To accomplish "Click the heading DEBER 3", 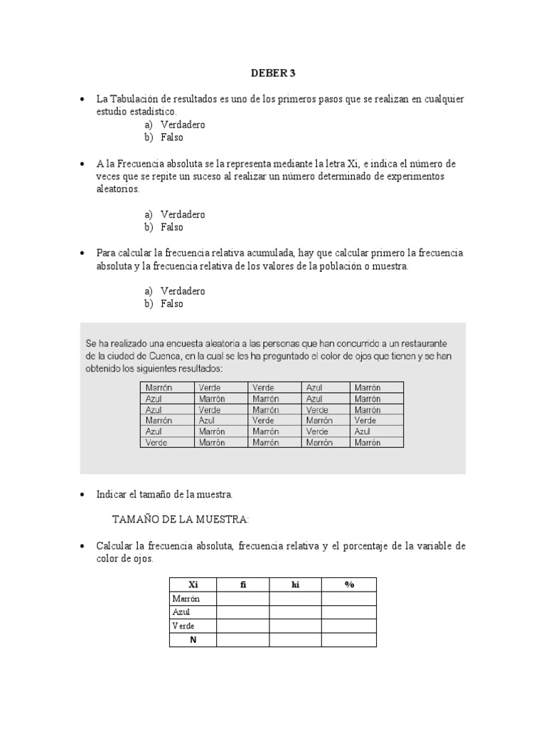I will click(273, 73).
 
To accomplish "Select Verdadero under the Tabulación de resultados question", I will click(182, 125).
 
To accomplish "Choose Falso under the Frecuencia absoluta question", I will click(171, 227).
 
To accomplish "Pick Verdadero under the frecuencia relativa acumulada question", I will click(182, 291).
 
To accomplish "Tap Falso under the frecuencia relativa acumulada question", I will click(171, 304).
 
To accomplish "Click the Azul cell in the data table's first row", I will click(314, 387).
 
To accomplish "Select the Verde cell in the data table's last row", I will click(156, 442).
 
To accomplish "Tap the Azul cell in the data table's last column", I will click(363, 431).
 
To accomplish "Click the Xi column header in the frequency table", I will click(193, 584).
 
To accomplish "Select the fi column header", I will click(242, 584).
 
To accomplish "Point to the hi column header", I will click(295, 584).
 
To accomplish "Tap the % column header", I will click(348, 584).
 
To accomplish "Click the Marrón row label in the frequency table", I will click(186, 599).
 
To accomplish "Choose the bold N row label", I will click(193, 639).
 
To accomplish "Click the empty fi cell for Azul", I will click(242, 612).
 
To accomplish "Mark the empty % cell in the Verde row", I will click(348, 626).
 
